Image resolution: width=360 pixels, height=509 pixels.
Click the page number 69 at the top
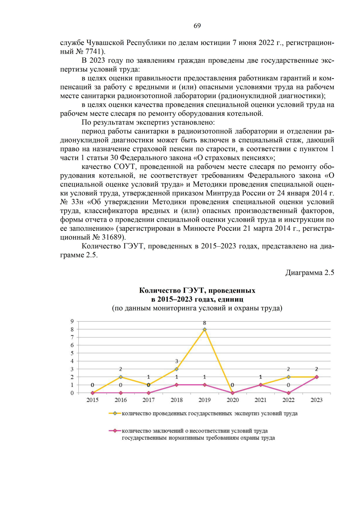point(197,26)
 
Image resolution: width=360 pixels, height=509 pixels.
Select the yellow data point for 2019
point(205,329)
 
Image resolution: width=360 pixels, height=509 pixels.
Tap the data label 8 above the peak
point(205,323)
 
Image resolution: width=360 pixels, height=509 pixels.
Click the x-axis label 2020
point(232,400)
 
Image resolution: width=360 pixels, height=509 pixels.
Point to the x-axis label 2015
point(92,400)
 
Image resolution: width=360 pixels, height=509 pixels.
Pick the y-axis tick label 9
point(72,321)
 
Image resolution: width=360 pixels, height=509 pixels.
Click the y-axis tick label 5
point(72,353)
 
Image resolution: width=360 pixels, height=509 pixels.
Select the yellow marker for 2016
point(121,377)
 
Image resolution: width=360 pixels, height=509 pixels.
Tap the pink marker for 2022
point(289,393)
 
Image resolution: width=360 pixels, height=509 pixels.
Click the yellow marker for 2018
point(176,369)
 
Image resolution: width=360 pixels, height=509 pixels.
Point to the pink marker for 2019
point(205,385)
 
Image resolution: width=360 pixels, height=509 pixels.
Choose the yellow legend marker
point(115,413)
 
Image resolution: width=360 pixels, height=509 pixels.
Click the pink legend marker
point(115,431)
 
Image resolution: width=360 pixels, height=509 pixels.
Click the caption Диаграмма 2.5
point(310,273)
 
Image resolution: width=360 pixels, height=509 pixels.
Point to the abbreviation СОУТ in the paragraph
point(125,167)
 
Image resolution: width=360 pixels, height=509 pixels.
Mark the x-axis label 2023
point(316,400)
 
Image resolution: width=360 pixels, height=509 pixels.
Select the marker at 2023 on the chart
point(316,377)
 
